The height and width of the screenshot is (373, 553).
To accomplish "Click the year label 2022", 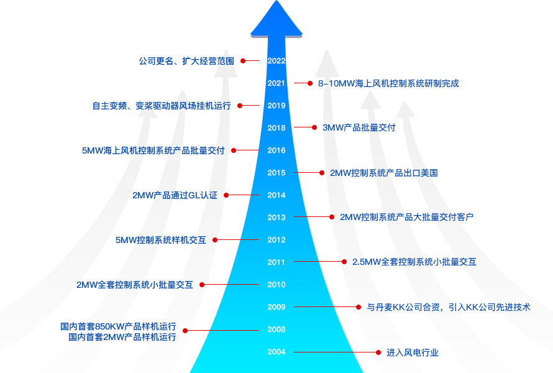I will (276, 61).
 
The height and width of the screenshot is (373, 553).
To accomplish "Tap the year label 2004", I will (276, 352).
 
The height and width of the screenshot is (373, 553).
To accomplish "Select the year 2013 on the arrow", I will (276, 218).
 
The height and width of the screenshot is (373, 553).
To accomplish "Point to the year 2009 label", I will (276, 307).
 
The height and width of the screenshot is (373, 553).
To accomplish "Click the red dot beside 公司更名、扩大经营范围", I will (244, 61).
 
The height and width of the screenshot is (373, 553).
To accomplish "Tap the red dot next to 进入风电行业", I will (378, 352).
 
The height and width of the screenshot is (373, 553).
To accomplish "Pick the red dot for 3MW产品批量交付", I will (314, 127).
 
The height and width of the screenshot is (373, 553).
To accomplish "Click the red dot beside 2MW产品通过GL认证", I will (226, 195).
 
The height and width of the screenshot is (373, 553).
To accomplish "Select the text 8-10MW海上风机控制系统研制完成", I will (388, 83).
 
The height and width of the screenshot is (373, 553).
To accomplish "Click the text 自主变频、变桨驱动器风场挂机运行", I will (162, 106).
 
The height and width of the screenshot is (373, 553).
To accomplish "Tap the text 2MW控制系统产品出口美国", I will (383, 173).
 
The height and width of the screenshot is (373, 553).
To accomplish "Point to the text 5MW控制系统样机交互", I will (161, 240).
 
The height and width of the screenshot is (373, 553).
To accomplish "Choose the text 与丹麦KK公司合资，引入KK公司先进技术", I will (448, 307).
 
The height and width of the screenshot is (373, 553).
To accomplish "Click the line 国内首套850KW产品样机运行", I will (118, 326).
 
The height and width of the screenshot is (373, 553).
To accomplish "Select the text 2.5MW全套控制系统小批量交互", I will (414, 262).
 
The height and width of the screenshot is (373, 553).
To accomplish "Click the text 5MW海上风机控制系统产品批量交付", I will (153, 150).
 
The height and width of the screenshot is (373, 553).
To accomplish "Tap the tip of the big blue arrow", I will (276, 3).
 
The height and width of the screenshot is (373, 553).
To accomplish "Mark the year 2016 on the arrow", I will (276, 150).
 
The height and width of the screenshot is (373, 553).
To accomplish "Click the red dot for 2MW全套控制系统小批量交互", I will (202, 285).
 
